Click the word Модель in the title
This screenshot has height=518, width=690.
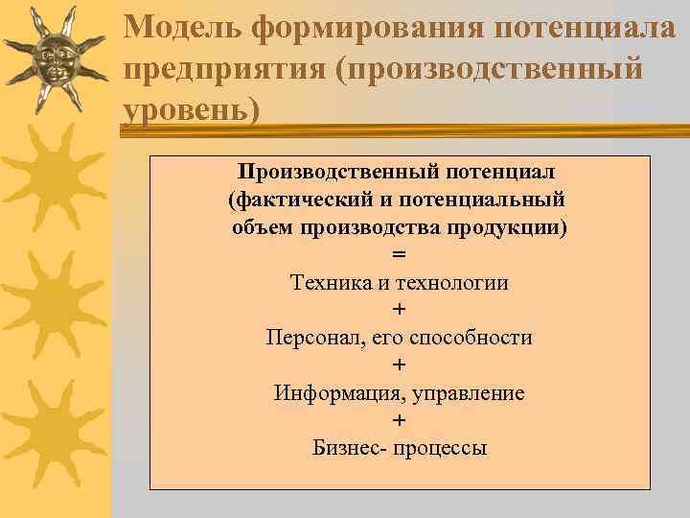182,26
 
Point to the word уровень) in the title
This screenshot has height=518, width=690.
192,109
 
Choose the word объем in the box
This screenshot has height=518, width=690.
263,228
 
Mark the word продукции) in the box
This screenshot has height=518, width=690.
512,228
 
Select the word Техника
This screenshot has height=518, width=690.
327,283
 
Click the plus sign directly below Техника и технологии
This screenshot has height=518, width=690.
399,311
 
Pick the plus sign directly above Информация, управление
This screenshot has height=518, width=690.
399,365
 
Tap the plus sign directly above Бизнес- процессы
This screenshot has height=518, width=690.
399,420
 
